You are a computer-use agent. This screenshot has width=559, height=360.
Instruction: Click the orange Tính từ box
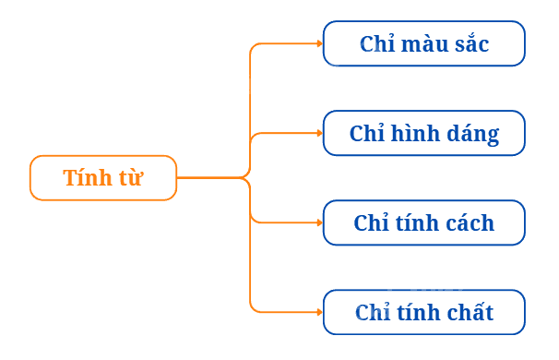[103, 177]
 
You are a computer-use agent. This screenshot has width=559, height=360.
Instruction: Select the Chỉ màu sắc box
[424, 43]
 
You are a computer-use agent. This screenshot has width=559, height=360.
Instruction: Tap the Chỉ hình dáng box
[424, 133]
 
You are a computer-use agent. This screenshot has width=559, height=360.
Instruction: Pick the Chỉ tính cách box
[424, 222]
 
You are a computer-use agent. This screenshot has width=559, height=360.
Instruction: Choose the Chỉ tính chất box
[424, 312]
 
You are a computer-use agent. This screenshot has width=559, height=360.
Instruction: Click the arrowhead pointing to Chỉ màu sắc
[320, 43]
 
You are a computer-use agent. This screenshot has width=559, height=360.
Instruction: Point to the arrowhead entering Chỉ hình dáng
[320, 133]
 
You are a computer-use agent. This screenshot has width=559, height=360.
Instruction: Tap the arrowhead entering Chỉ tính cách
[320, 222]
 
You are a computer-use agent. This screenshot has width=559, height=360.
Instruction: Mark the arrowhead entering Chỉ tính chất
[320, 312]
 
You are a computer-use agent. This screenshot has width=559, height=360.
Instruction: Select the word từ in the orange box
[131, 177]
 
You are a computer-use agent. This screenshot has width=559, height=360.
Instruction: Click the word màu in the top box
[424, 43]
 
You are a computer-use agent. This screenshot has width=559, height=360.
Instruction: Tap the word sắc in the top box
[471, 42]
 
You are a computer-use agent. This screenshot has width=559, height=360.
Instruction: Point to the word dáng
[472, 135]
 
